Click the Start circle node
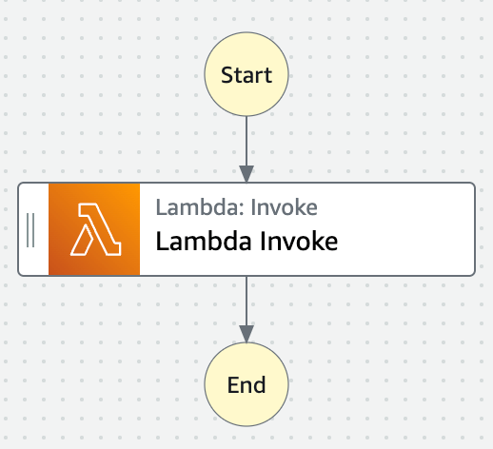click(x=246, y=74)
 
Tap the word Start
click(x=246, y=75)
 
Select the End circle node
click(x=246, y=384)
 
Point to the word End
click(x=246, y=385)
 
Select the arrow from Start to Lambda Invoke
click(x=246, y=149)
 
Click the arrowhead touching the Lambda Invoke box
click(x=246, y=174)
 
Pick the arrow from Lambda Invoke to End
click(x=246, y=309)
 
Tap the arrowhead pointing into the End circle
click(x=246, y=334)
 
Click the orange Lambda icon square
click(x=94, y=229)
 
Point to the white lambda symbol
click(x=95, y=229)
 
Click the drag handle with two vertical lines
click(x=30, y=230)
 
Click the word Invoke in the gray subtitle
click(x=285, y=207)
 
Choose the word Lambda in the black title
click(x=204, y=242)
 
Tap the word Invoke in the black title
click(x=299, y=242)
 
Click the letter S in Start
click(x=227, y=75)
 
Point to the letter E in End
click(x=233, y=385)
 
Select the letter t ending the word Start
click(x=268, y=76)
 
